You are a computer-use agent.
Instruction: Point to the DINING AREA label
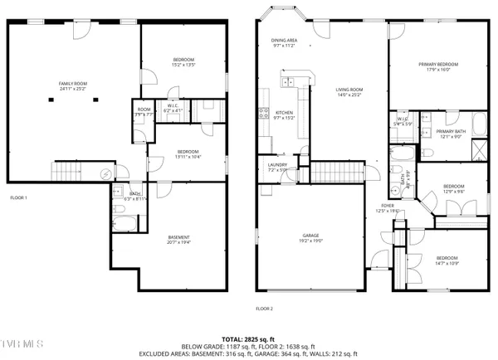pos(283,40)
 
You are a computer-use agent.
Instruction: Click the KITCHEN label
pos(285,112)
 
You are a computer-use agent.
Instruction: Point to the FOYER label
pos(388,205)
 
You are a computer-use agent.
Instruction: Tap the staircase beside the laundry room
pos(337,173)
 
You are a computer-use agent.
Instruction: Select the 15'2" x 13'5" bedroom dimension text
pos(183,64)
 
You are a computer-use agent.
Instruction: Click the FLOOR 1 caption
pos(18,197)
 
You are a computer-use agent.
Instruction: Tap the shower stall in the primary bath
pos(478,149)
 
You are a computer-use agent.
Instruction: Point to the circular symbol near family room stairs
pos(105,173)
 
